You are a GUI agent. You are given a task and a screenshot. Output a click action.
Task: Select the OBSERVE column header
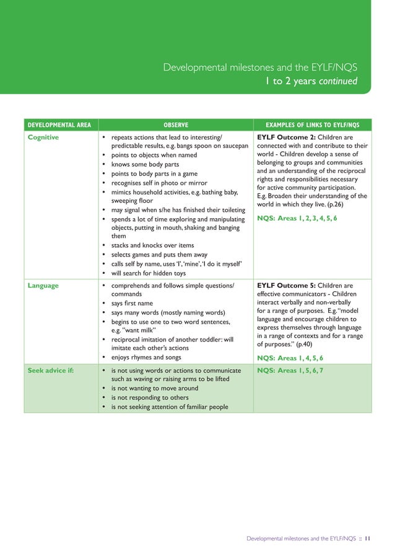[176, 124]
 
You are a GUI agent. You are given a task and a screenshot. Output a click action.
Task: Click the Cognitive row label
[43, 138]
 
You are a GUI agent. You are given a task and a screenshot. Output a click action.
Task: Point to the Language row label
[43, 286]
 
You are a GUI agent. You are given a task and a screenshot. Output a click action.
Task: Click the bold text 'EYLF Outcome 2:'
[285, 138]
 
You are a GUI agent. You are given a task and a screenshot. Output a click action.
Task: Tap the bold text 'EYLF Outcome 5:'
[285, 286]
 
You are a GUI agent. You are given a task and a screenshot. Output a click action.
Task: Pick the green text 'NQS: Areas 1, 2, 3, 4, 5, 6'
[297, 219]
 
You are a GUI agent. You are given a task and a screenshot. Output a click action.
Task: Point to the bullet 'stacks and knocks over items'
[152, 245]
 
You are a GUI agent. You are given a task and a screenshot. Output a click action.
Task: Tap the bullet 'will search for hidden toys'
[148, 273]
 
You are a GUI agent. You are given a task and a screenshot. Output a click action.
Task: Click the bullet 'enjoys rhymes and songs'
[147, 358]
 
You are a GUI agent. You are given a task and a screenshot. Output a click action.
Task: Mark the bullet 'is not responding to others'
[148, 397]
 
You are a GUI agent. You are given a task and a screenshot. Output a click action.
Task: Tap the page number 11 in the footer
[367, 539]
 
